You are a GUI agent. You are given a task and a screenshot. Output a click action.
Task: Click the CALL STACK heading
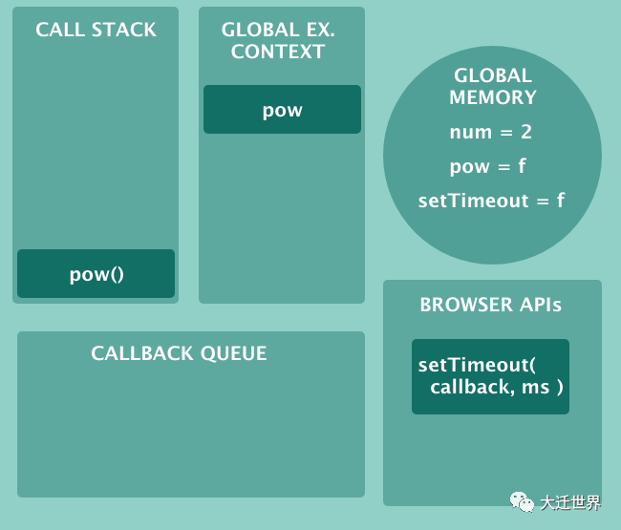point(96,30)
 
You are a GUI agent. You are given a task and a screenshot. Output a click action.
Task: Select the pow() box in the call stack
point(96,274)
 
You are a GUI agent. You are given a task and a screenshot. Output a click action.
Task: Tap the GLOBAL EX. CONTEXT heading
point(278,40)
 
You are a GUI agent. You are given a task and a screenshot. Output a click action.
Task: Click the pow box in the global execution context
point(282,110)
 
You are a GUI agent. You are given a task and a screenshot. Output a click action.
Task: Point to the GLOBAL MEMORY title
point(492,86)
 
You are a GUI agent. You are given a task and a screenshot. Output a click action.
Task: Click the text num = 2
point(491,133)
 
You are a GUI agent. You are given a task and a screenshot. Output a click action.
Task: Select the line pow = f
point(488,166)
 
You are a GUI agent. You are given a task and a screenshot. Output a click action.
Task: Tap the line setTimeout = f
point(491,201)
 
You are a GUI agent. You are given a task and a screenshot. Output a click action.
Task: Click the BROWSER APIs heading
point(490,306)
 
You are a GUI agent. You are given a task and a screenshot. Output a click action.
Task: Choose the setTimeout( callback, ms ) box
point(490,376)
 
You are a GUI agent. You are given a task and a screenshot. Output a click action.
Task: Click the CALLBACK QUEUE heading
point(179,353)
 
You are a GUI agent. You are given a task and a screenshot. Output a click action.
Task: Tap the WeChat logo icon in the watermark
point(522,501)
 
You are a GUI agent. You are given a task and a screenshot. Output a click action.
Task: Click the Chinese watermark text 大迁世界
point(570,502)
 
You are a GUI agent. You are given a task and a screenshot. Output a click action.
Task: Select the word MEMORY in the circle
point(492,97)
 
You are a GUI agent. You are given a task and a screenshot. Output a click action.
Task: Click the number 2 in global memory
point(527,133)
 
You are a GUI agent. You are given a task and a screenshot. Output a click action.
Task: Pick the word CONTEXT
point(278,52)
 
